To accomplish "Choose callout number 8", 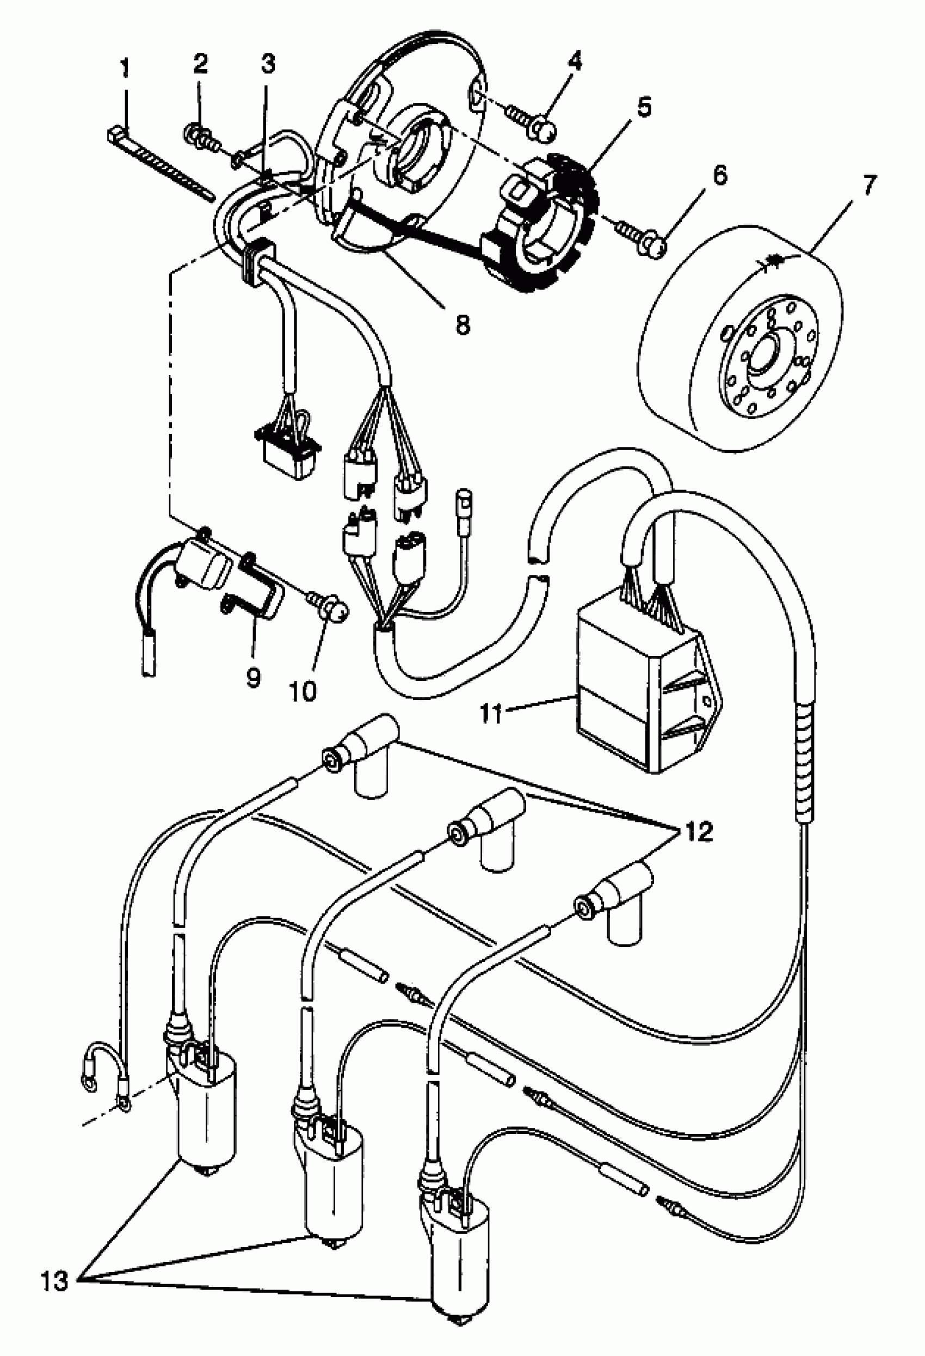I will pyautogui.click(x=462, y=324).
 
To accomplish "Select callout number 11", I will pyautogui.click(x=492, y=713).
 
